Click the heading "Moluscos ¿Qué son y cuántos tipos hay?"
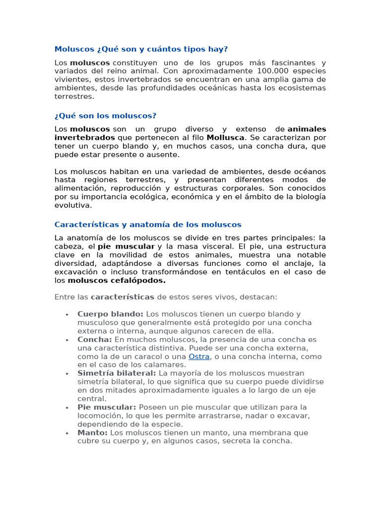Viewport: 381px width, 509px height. tap(141, 49)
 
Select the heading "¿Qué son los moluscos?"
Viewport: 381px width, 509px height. tap(105, 116)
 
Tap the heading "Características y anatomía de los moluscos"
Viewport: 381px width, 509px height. tap(148, 225)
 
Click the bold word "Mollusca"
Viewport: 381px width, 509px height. tap(225, 138)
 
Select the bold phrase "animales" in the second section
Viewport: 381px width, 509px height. tap(307, 129)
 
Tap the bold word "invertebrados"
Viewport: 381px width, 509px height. tap(84, 138)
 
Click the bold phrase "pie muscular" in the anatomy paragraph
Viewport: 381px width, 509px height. tap(126, 247)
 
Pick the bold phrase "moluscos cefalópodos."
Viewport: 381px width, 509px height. tap(117, 280)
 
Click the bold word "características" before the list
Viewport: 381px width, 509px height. tap(123, 297)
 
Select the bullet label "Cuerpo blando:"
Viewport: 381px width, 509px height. tap(111, 314)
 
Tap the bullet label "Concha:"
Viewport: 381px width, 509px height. tap(95, 339)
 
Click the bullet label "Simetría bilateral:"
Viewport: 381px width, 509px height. tap(117, 373)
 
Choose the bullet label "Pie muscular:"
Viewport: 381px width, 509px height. tap(107, 407)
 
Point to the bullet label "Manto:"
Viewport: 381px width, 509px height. tap(92, 432)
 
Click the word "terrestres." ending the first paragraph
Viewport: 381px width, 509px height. tap(74, 96)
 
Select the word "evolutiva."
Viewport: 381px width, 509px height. tap(73, 205)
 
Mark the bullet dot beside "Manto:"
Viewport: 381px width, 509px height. tap(66, 433)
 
